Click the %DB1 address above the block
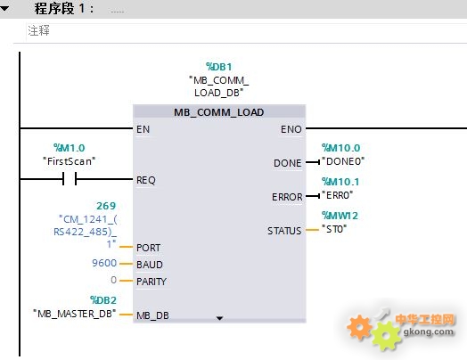pyautogui.click(x=219, y=67)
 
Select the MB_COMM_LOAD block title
pyautogui.click(x=219, y=112)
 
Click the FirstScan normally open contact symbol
pyautogui.click(x=70, y=178)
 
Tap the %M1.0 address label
pyautogui.click(x=70, y=148)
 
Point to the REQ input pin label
pyautogui.click(x=146, y=180)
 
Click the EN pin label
pyautogui.click(x=143, y=129)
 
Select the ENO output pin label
pyautogui.click(x=291, y=129)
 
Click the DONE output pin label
pyautogui.click(x=287, y=163)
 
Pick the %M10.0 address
pyautogui.click(x=341, y=148)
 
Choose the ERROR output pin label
pyautogui.click(x=287, y=197)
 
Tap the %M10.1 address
pyautogui.click(x=340, y=182)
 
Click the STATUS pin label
pyautogui.click(x=284, y=231)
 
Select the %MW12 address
pyautogui.click(x=340, y=216)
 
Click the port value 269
pyautogui.click(x=106, y=206)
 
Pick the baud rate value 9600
pyautogui.click(x=104, y=263)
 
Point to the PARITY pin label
pyautogui.click(x=152, y=282)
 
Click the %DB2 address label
pyautogui.click(x=103, y=300)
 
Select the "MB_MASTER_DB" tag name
pyautogui.click(x=75, y=314)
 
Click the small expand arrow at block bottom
pyautogui.click(x=219, y=318)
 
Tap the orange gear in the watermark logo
pyautogui.click(x=359, y=327)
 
